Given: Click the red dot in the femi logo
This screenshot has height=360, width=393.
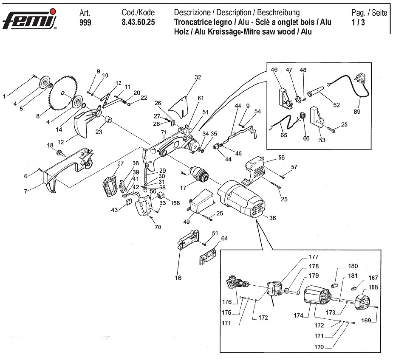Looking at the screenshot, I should pos(51,11).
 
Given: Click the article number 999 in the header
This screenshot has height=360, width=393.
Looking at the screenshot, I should pos(85,22).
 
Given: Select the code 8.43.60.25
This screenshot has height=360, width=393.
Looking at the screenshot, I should pos(139,22).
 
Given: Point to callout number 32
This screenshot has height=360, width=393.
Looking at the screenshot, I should pos(198,77).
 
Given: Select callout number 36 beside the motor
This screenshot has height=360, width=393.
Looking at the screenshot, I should pos(272,219).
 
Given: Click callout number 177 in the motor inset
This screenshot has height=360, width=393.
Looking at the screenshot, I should pos(314,257).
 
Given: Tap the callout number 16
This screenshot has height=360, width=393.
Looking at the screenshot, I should pos(178,278).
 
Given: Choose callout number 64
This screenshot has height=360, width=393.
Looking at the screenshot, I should pos(224,238).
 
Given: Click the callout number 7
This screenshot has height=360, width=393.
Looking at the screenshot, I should pos(26,192).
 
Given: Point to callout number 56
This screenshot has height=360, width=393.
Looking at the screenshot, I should pos(281,157).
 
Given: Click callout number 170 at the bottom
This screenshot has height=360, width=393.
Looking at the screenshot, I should pos(319,347).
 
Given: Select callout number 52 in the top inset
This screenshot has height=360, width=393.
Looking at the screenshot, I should pos(336,105).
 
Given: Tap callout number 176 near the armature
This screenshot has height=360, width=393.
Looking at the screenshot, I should pos(227,302).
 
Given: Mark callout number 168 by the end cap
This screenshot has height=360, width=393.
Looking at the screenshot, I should pos(373,287).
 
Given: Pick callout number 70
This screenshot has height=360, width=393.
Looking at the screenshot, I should pos(158,227).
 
